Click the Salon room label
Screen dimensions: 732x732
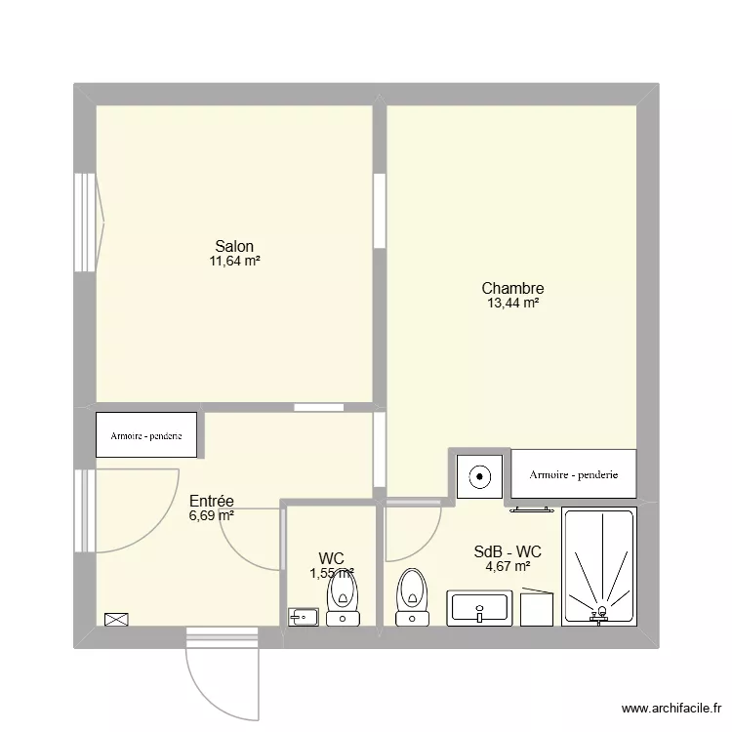(x=234, y=246)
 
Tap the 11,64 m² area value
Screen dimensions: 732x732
(x=234, y=262)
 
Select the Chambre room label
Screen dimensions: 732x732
(x=512, y=288)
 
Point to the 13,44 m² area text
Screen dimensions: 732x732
(x=512, y=304)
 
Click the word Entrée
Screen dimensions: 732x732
(x=212, y=501)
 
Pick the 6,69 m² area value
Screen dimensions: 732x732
(x=212, y=516)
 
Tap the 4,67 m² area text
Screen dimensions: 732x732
(x=508, y=566)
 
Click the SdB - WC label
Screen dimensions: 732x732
(x=508, y=551)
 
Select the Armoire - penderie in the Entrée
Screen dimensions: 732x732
(x=146, y=435)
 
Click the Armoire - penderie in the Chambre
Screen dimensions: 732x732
(x=574, y=474)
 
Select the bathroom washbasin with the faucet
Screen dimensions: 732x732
(x=479, y=608)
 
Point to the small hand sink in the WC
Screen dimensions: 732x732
(x=304, y=616)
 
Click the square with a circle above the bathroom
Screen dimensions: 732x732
(x=480, y=477)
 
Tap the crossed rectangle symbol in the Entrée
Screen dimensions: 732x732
(x=116, y=619)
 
